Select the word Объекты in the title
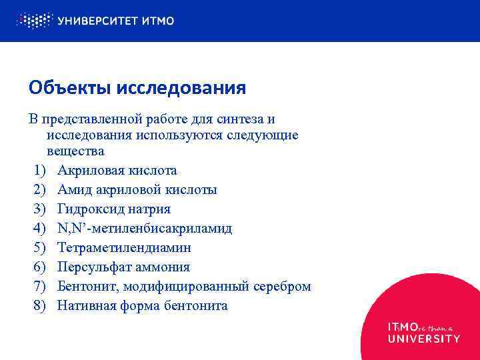point(71,88)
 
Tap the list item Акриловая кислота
point(117,171)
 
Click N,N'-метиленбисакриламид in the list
point(145,229)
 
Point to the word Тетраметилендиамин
point(124,248)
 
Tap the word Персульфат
point(91,267)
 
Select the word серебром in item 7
point(282,287)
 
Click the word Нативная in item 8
point(86,306)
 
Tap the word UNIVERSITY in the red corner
point(424,339)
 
